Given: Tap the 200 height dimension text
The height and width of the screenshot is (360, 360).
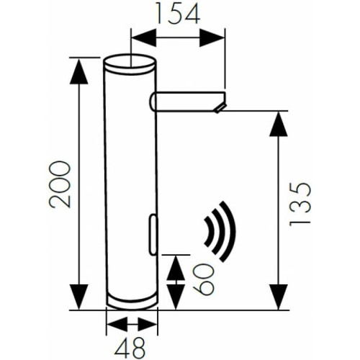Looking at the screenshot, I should pos(61,184).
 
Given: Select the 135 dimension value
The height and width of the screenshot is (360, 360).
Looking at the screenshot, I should pos(302,204).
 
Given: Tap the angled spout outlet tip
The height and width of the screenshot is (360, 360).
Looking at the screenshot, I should pos(219,107).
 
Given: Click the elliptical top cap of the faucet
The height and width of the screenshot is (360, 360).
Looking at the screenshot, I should pos(130,62).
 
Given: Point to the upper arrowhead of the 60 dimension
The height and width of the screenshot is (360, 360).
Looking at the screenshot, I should pos(174,263).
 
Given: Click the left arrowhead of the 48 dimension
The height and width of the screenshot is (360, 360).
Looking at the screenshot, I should pos(112,321).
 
